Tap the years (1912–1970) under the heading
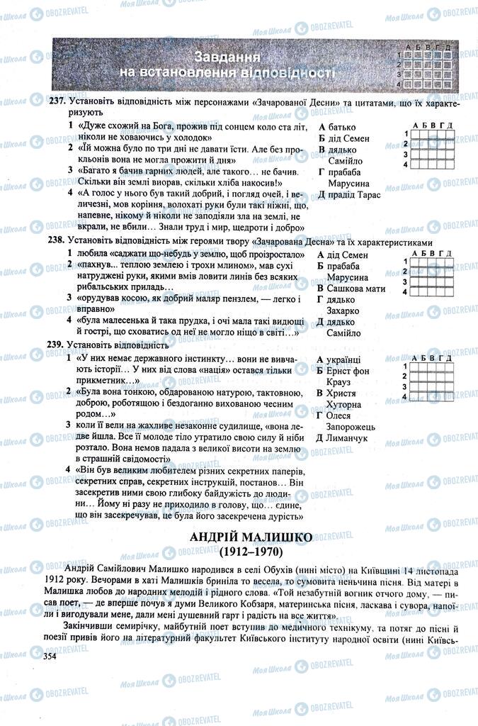(x=251, y=550)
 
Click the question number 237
(x=57, y=102)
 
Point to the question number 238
(x=57, y=241)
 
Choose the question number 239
(x=57, y=345)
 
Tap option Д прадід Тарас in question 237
(x=350, y=194)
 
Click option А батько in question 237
(x=337, y=125)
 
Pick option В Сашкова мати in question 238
(x=351, y=288)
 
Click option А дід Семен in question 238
(x=343, y=254)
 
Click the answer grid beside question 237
(x=429, y=145)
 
